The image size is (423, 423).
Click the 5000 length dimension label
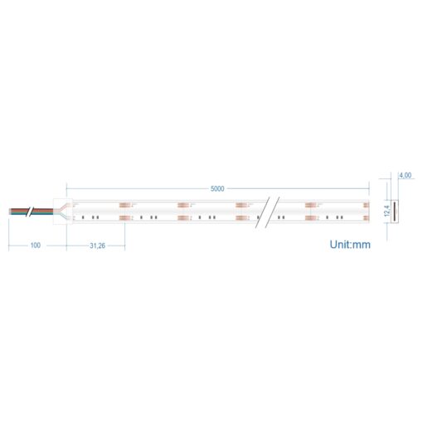[x=217, y=188]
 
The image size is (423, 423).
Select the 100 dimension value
[x=36, y=246]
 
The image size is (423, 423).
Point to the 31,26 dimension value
[x=97, y=246]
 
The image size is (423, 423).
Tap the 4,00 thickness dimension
[x=406, y=176]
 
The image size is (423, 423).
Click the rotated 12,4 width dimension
[x=387, y=211]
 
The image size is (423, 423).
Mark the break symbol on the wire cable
[x=31, y=211]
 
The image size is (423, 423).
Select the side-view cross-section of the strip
[x=394, y=211]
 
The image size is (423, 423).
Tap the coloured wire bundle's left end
[x=11, y=211]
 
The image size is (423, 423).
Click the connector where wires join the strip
[x=63, y=211]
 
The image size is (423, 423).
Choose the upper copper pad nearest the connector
[x=125, y=203]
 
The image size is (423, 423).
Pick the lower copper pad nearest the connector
[x=125, y=218]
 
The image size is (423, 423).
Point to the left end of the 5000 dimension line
[x=66, y=188]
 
